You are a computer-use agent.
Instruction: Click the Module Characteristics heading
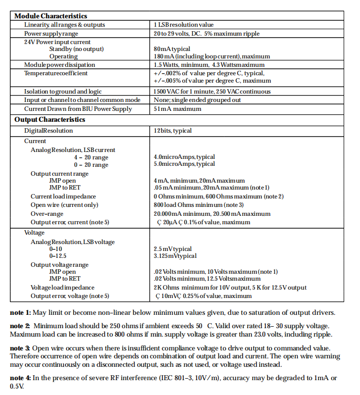pos(50,16)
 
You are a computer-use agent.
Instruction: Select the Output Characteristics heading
pos(49,119)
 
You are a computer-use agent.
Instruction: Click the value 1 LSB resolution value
pos(183,25)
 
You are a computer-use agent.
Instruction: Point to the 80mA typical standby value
pos(172,49)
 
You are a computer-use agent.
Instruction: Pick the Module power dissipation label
pos(59,65)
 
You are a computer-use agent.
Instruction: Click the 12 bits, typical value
pos(173,131)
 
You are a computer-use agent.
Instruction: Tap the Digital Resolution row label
pos(48,131)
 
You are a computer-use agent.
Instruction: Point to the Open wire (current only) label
pos(63,204)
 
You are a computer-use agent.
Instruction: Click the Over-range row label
pos(47,213)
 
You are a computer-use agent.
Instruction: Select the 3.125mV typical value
pos(175,256)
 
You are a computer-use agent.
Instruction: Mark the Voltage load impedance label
pos(62,288)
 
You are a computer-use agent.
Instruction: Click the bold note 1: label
pos(21,312)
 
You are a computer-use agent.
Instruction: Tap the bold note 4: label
pos(21,378)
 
